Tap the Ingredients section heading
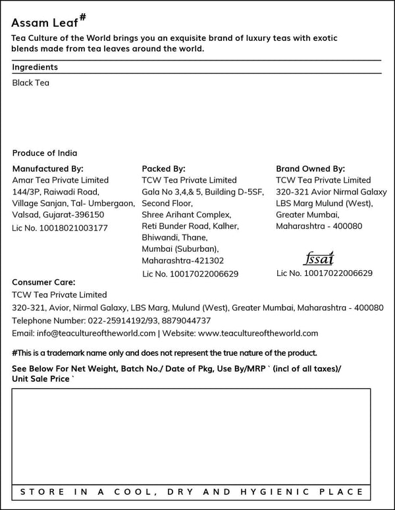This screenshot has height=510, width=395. (35, 67)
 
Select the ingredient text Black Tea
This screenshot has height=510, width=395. (31, 83)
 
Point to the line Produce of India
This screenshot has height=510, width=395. (45, 152)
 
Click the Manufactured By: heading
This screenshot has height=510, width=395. (48, 168)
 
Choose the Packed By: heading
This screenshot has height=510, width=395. (164, 168)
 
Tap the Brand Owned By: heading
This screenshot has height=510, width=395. (311, 168)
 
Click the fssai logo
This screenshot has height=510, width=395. (320, 258)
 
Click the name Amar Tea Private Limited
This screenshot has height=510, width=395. (61, 180)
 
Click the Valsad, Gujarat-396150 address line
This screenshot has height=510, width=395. (58, 214)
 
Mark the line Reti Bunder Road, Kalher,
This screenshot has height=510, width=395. (190, 226)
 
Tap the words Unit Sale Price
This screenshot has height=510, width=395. (41, 379)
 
